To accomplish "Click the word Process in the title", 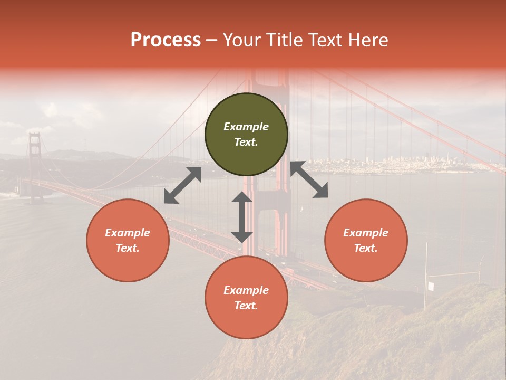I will coord(166,40).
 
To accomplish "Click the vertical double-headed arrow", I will coord(242,217).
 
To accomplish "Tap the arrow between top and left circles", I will coord(182,185).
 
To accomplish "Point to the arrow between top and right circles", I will coord(309,180).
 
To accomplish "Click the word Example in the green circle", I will coord(246,127).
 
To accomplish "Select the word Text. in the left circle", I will coord(128,248).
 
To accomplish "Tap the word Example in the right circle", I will coord(366,233).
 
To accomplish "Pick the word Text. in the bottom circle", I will coord(246,306).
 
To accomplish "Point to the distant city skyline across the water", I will coord(401,164).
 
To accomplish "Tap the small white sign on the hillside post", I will coord(431,286).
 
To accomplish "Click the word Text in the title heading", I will coord(326,40).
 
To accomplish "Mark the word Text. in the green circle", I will coord(246,142).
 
